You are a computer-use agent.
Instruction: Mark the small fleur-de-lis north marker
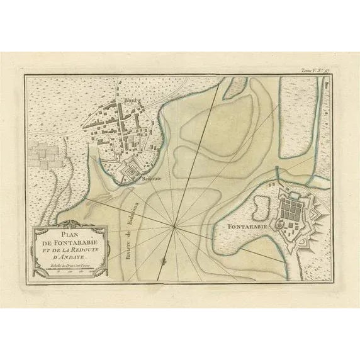tap(162, 260)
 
